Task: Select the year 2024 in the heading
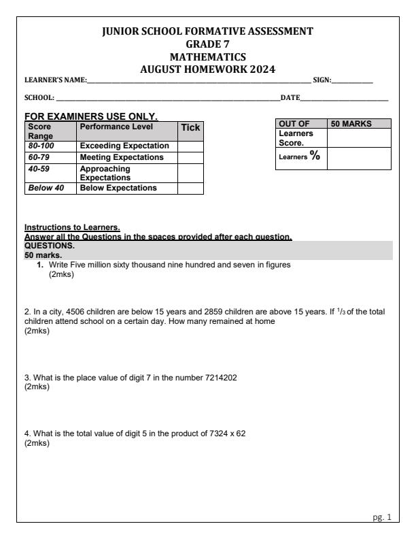pyautogui.click(x=264, y=69)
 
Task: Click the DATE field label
pyautogui.click(x=290, y=100)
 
